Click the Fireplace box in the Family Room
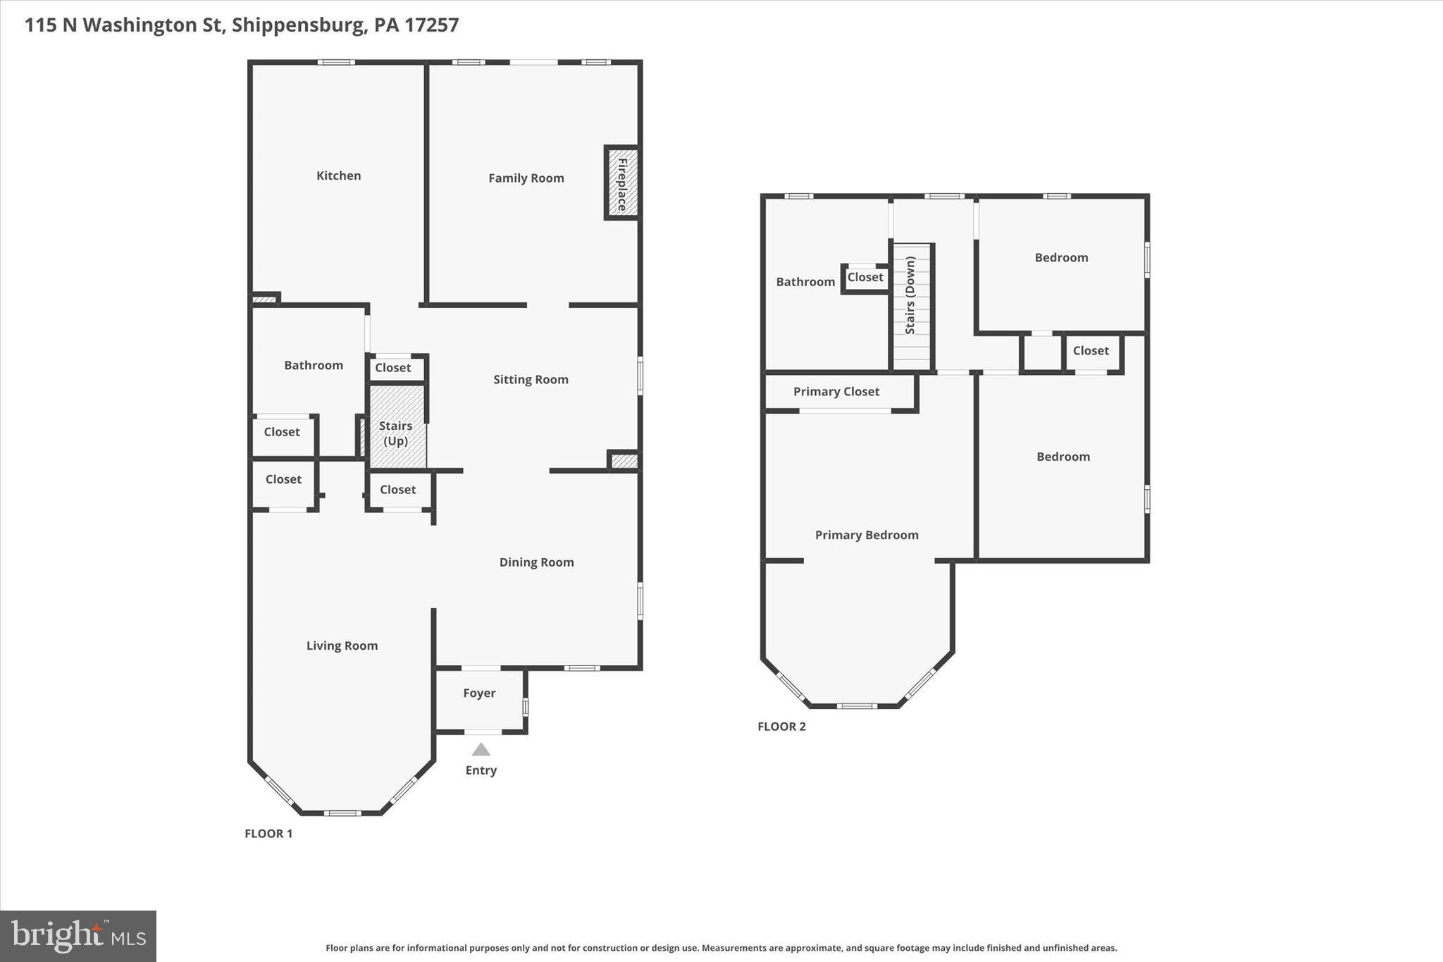tap(622, 183)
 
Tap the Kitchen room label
tap(338, 175)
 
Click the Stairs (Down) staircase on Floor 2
tap(911, 306)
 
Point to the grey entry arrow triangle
tap(481, 750)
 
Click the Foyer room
tap(479, 693)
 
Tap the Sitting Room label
tap(531, 379)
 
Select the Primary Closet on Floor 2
tap(836, 392)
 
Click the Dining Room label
tap(536, 562)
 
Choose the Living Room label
tap(342, 646)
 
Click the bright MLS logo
tap(78, 936)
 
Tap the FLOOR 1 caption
tap(268, 834)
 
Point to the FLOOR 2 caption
tap(781, 727)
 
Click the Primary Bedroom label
tap(867, 535)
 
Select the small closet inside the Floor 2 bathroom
tap(865, 278)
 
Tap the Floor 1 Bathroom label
tap(314, 365)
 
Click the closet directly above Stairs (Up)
tap(393, 368)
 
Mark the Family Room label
tap(526, 178)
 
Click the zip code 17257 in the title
tap(431, 25)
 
